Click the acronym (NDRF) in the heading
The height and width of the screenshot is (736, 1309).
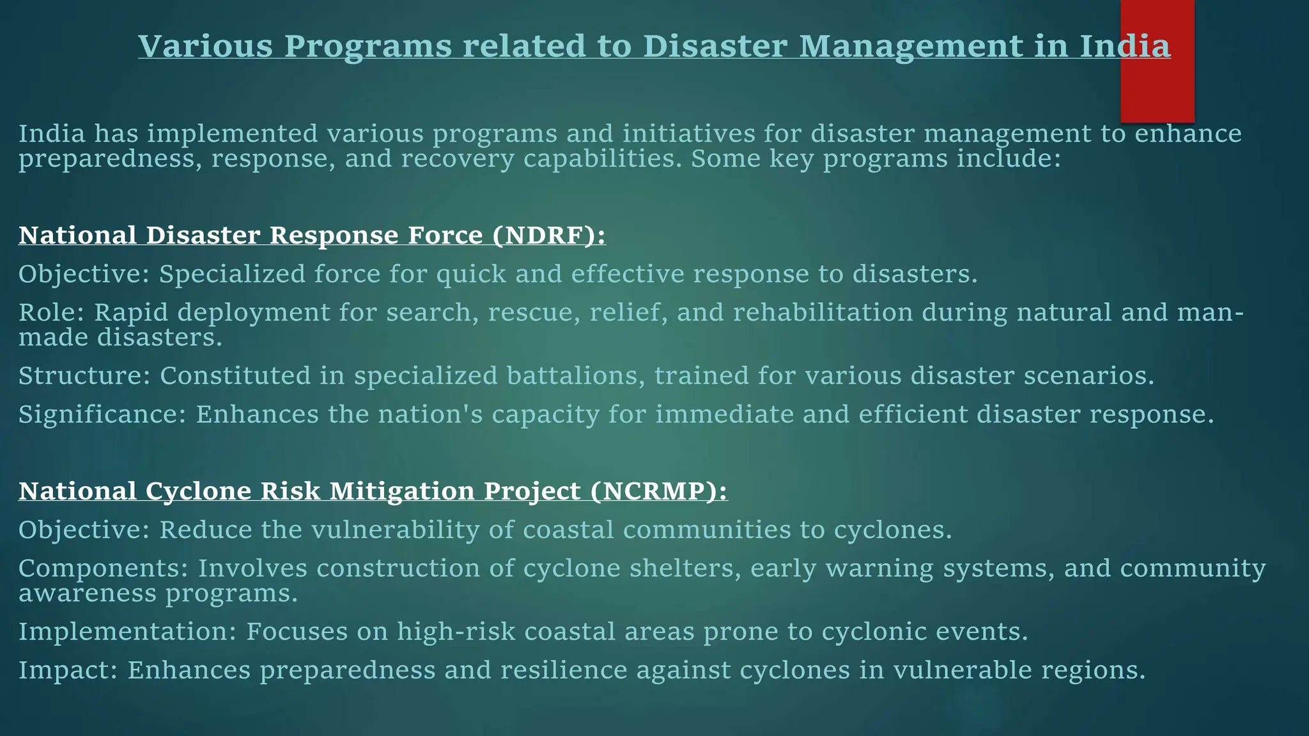pyautogui.click(x=548, y=235)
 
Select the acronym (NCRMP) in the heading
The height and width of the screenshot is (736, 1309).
pyautogui.click(x=658, y=491)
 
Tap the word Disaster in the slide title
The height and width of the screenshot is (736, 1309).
pyautogui.click(x=715, y=46)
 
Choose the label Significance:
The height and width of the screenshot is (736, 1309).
pyautogui.click(x=102, y=414)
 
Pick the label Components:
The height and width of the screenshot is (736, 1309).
pyautogui.click(x=103, y=568)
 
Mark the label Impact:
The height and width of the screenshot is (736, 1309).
pyautogui.click(x=68, y=670)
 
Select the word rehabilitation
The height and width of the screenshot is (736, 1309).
pyautogui.click(x=823, y=312)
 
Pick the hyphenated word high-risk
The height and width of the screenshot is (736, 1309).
pyautogui.click(x=456, y=631)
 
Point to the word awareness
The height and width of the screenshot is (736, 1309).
pyautogui.click(x=87, y=593)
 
